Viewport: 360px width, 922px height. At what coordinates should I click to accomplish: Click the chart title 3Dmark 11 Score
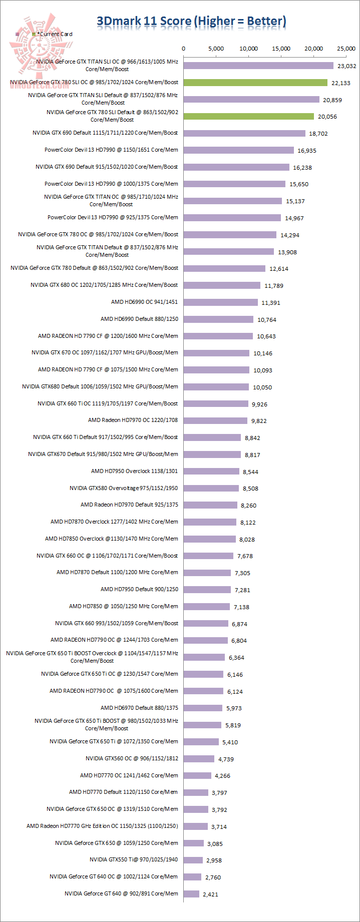point(191,21)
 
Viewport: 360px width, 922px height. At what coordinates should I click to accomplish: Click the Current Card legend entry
point(55,34)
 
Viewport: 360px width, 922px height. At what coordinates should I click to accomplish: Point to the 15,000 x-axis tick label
point(281,49)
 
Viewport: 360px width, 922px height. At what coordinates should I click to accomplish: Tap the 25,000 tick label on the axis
point(346,49)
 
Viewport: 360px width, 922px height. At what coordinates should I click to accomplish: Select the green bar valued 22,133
point(255,83)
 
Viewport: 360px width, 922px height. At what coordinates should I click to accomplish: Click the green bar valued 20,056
point(248,116)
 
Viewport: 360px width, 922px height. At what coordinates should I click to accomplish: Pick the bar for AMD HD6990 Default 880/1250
point(218,319)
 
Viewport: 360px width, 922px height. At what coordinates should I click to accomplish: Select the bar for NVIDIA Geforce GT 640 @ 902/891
point(191,894)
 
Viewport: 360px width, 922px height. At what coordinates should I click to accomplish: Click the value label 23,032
point(346,66)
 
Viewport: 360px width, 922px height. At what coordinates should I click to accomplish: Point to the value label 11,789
point(274,286)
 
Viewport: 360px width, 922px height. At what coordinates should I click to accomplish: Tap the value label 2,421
point(210,894)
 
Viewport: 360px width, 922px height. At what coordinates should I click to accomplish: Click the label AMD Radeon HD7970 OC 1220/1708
point(133,420)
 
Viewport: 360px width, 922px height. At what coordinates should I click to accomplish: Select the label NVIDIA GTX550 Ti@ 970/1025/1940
point(134,859)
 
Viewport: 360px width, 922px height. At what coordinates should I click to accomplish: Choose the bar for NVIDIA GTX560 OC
point(199,759)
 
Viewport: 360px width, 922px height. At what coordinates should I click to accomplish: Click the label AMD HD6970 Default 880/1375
point(139,708)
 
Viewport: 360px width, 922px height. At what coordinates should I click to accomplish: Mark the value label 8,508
point(250,489)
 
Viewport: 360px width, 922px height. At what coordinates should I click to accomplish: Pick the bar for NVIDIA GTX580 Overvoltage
point(211,488)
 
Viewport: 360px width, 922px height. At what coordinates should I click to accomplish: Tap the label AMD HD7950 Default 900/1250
point(139,589)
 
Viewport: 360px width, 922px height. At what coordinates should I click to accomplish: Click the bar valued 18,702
point(244,133)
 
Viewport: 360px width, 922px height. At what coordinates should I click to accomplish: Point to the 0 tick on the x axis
point(184,49)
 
